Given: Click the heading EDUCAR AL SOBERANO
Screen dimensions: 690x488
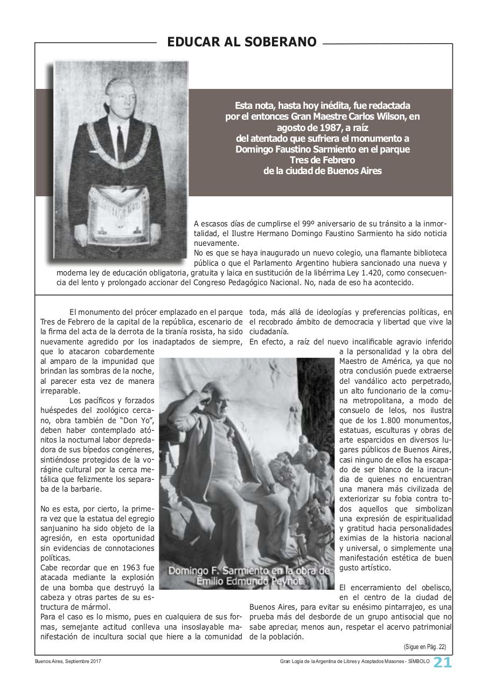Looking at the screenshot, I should pos(242,42).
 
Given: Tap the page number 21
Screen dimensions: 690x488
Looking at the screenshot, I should pos(443,663).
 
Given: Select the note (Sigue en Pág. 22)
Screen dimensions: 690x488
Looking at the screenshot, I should pos(424,647).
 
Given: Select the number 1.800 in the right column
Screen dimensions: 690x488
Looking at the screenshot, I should pos(390,420).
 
